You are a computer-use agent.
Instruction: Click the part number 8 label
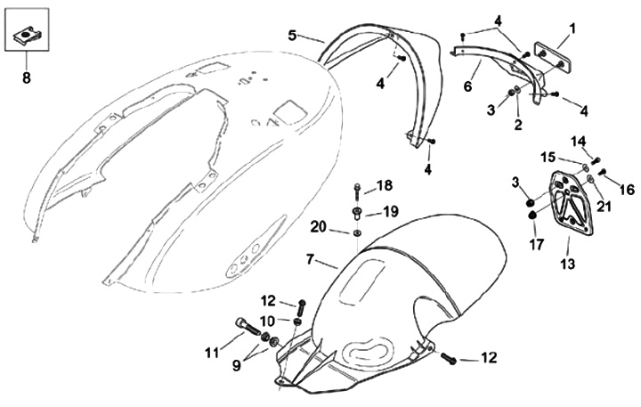point(26,78)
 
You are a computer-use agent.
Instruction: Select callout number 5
point(292,35)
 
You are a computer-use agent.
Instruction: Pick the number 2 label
point(518,125)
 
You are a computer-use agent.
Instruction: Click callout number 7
point(310,259)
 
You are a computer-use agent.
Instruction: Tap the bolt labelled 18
point(357,191)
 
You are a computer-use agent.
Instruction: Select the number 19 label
point(390,212)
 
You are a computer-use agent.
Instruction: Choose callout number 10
point(268,320)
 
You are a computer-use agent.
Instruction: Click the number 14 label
point(578,141)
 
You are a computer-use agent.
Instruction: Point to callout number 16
point(627,189)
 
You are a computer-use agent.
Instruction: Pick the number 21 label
point(604,208)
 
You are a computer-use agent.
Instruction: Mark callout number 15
point(550,157)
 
